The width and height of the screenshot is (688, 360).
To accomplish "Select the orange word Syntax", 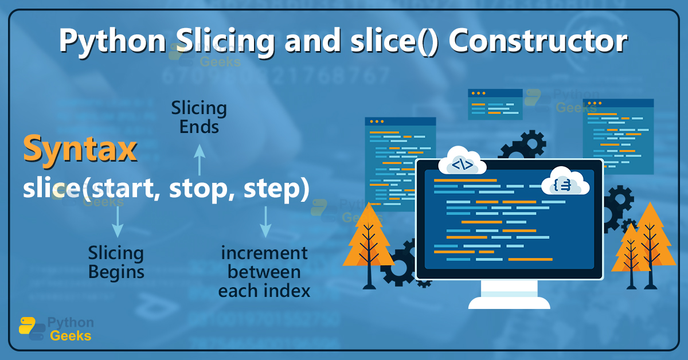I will [x=80, y=150].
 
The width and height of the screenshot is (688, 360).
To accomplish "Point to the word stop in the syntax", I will [x=197, y=189].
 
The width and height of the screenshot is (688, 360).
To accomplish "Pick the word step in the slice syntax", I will [x=270, y=189].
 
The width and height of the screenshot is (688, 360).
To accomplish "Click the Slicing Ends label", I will [x=199, y=117].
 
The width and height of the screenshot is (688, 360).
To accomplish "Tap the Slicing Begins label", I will [x=116, y=262].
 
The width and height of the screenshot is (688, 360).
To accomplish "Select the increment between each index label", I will [x=264, y=271].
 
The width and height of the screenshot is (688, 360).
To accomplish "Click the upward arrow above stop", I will [x=199, y=159].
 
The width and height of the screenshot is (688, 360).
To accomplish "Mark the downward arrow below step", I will [x=265, y=222].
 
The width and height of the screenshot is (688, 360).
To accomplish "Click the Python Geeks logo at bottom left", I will [x=55, y=330].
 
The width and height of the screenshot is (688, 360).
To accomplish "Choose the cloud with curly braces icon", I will [x=565, y=182].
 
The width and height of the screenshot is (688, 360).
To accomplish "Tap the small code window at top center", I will [x=495, y=104].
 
